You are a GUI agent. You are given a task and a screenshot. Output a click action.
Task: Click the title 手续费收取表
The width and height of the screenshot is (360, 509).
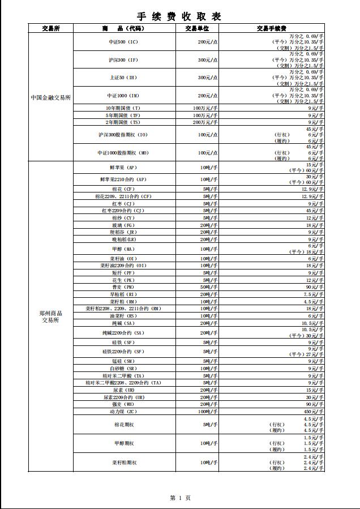[x=179, y=16]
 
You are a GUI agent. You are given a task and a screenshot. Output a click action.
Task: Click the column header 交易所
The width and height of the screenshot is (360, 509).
[x=51, y=28]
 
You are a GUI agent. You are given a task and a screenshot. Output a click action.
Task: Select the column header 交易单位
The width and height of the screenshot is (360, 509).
[x=197, y=28]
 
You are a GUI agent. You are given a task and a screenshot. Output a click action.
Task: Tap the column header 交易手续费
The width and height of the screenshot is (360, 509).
[x=271, y=28]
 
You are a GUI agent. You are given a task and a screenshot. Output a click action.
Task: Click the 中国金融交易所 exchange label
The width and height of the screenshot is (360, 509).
[x=51, y=97]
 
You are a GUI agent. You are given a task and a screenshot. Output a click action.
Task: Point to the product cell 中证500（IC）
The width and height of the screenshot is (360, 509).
[x=123, y=42]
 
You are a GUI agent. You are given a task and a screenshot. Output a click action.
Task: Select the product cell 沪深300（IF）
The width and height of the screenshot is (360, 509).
[x=123, y=60]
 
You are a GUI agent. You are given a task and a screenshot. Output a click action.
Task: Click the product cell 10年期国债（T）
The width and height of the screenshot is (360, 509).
[x=123, y=108]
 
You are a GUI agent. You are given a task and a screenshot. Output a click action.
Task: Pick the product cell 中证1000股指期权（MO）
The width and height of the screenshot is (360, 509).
[x=123, y=153]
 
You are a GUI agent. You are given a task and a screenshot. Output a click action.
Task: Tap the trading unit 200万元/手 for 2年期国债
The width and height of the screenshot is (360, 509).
[x=205, y=122]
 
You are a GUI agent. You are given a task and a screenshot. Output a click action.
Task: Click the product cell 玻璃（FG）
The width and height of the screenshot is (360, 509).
[x=123, y=225]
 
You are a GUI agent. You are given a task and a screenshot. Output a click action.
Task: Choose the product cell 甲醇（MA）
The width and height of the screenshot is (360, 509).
[x=123, y=249]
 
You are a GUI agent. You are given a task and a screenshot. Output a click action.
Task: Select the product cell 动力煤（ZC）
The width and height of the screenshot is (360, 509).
[x=123, y=412]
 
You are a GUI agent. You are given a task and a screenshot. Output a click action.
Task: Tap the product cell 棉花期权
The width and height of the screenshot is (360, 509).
[x=123, y=424]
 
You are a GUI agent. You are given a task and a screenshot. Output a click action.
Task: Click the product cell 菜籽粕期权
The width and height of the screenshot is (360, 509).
[x=123, y=463]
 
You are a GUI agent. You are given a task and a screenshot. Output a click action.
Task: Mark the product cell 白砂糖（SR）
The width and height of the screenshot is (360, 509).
[x=123, y=369]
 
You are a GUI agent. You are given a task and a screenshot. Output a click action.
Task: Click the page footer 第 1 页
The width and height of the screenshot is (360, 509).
[x=180, y=498]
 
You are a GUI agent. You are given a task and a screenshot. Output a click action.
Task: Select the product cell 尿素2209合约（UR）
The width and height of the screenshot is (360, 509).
[x=123, y=397]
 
